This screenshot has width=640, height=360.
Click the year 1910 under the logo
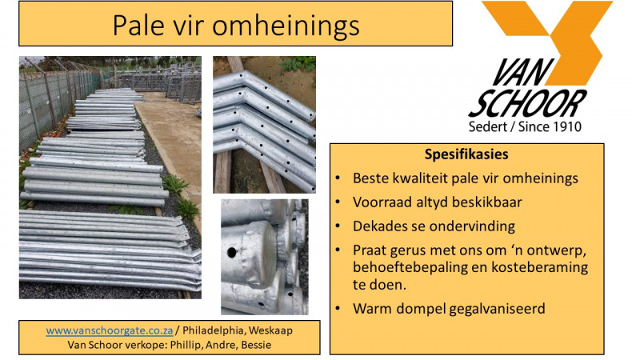563,126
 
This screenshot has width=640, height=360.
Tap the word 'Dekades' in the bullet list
377,226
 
